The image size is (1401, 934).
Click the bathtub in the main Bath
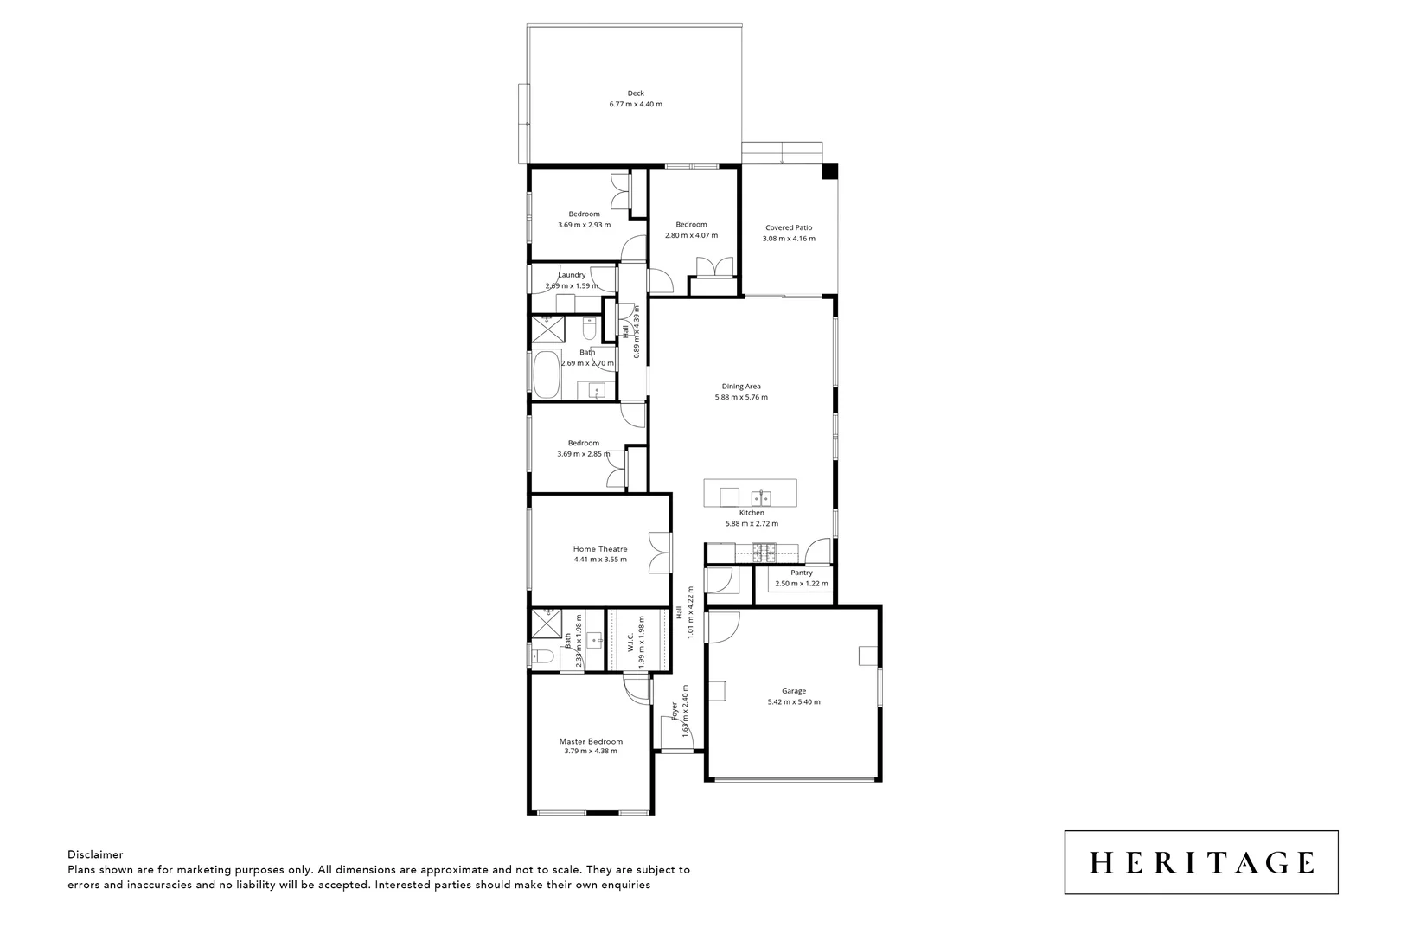547,374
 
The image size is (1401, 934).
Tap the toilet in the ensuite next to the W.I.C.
544,656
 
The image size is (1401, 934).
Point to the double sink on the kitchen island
762,497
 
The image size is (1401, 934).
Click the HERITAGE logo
1200,862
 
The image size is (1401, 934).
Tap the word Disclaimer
95,854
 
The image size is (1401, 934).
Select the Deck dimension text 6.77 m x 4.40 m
636,104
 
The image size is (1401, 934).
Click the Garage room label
793,691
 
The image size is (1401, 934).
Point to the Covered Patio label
788,228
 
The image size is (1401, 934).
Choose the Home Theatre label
600,549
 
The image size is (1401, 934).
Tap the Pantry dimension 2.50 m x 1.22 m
801,584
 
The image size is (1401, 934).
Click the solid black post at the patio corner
828,171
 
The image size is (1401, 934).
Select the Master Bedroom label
591,741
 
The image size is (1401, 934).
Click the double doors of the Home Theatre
662,552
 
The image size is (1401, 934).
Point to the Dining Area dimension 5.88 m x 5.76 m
741,398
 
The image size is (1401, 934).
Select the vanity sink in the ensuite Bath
595,641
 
